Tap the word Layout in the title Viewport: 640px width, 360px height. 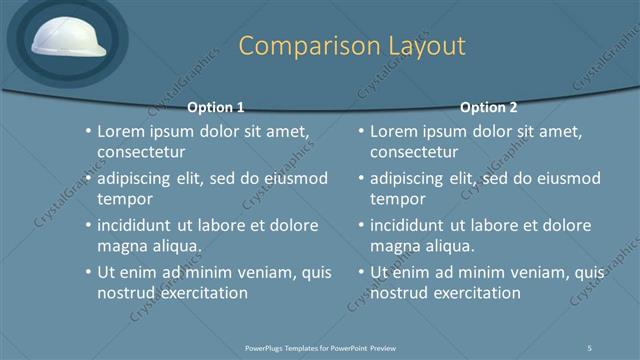(x=420, y=46)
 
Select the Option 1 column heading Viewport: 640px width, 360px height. (x=216, y=107)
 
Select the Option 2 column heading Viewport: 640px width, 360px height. (x=488, y=107)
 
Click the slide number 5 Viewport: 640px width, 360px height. (x=590, y=347)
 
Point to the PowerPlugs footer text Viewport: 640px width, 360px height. (x=320, y=347)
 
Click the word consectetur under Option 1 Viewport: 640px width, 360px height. (x=142, y=153)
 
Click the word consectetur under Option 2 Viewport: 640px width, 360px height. (x=415, y=153)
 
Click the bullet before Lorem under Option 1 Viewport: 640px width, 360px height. (x=88, y=132)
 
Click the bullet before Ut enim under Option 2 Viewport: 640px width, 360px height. (x=361, y=272)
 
